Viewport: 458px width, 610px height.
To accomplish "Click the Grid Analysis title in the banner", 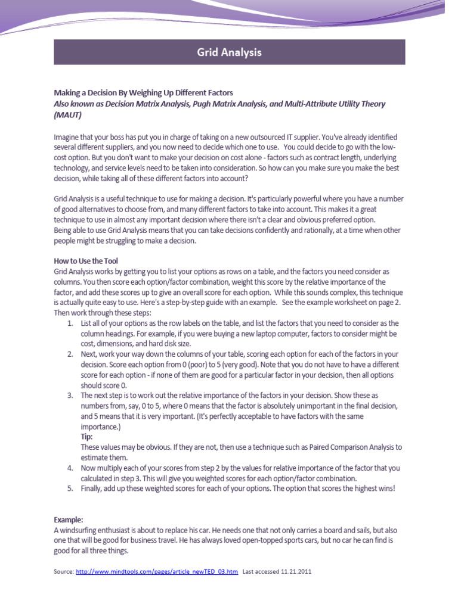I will pyautogui.click(x=229, y=52).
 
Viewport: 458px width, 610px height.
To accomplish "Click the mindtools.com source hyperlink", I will pyautogui.click(x=157, y=571).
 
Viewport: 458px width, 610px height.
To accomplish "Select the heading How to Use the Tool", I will pyautogui.click(x=86, y=261).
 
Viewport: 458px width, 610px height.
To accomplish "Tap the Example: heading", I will pyautogui.click(x=69, y=519).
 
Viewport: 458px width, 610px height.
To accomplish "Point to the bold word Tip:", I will pyautogui.click(x=87, y=437).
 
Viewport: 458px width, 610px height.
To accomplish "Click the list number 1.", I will pyautogui.click(x=70, y=323).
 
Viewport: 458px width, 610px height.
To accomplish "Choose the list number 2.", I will pyautogui.click(x=70, y=354).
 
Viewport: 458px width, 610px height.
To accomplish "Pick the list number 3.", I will pyautogui.click(x=70, y=396).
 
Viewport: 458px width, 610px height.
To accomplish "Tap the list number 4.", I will pyautogui.click(x=70, y=468).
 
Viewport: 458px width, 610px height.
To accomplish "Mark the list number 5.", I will pyautogui.click(x=70, y=488).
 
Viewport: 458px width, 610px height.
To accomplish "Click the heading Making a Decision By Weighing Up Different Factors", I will pyautogui.click(x=143, y=93).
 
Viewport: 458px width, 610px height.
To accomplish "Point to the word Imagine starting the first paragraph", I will pyautogui.click(x=67, y=137).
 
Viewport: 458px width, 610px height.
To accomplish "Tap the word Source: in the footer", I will pyautogui.click(x=63, y=571).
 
